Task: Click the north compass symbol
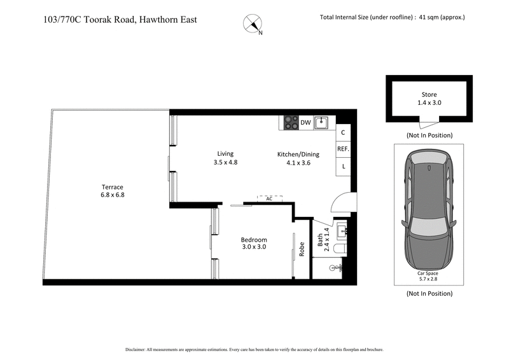pos(253,24)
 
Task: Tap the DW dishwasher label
pos(305,123)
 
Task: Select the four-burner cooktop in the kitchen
pos(291,122)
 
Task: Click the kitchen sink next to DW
pos(323,121)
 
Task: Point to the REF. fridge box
pos(342,149)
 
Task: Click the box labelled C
pos(342,133)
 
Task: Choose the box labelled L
pos(342,167)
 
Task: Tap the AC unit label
pos(269,199)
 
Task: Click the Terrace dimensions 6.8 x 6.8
pos(113,195)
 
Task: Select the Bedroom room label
pos(253,240)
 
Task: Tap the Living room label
pos(225,153)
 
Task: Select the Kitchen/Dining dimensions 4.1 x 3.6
pos(298,162)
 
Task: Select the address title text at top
pos(120,19)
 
